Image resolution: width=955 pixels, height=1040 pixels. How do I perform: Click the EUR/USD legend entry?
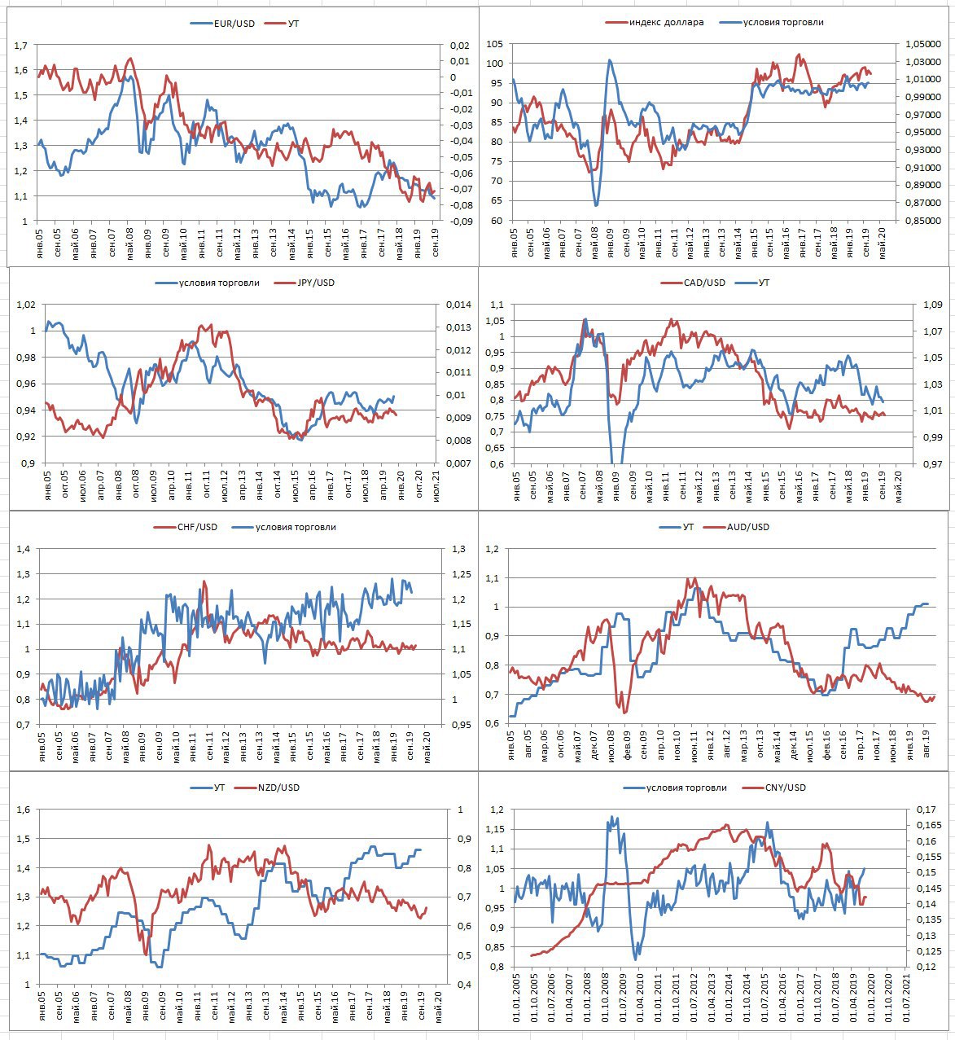coord(233,24)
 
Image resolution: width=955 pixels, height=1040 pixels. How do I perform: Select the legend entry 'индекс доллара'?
coord(666,22)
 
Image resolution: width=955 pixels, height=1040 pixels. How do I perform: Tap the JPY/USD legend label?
coord(316,283)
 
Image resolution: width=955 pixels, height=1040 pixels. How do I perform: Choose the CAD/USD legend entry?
coord(705,283)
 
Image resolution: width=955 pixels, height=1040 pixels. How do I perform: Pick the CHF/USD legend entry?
coord(197,527)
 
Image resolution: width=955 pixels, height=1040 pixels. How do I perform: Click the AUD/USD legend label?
coord(748,527)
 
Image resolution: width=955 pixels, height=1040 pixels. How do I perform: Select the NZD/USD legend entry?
coord(278,788)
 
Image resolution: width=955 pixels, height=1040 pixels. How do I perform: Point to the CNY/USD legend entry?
coord(785,788)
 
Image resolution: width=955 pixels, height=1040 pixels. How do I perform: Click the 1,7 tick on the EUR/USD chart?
coord(20,46)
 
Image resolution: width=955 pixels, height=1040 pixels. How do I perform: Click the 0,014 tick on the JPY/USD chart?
coord(459,305)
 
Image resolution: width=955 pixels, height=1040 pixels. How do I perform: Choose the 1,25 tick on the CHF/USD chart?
coord(459,575)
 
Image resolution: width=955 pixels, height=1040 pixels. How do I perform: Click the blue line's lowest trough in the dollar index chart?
coord(596,204)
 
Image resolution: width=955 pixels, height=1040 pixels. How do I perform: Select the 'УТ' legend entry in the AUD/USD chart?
coord(689,527)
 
